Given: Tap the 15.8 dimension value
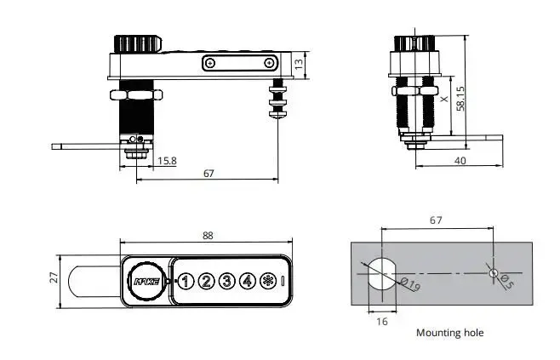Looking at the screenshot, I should pos(167,161).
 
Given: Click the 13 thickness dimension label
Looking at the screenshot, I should pos(298,63).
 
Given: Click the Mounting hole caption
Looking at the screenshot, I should pos(449,333).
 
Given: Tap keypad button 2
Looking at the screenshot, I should pos(207,280).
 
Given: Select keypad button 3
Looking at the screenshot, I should pos(227,280).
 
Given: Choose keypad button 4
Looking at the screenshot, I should pos(248,280).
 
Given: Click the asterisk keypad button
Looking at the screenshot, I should pos(268,280).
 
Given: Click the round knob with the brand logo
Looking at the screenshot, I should pos(143,280).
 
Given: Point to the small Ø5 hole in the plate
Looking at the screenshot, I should pos(493,271).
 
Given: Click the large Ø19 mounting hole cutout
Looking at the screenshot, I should pos(378,271).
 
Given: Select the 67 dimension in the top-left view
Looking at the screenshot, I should pos(209,173).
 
